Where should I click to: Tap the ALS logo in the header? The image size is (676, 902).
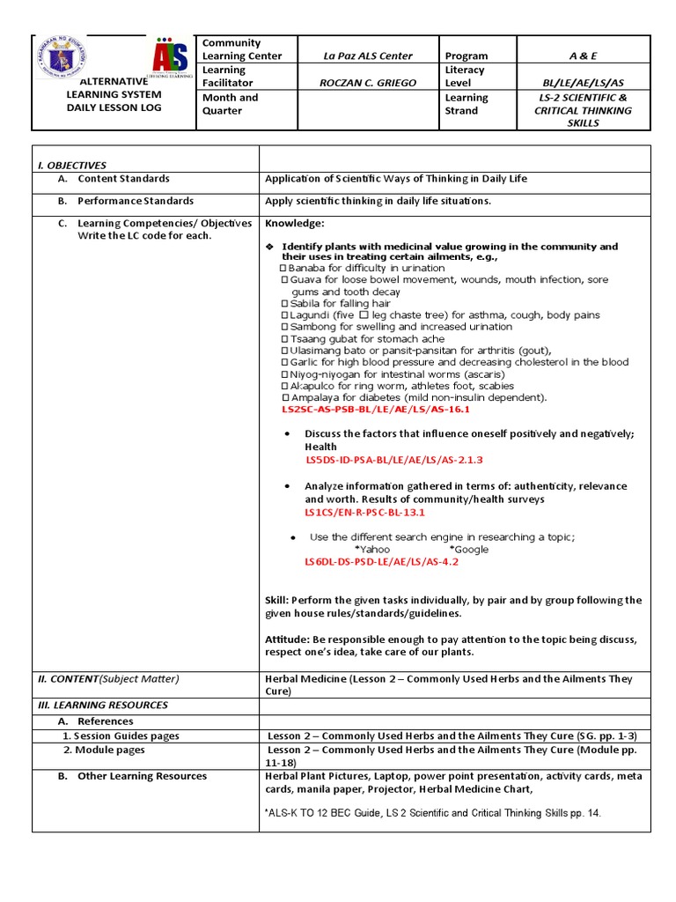pyautogui.click(x=170, y=59)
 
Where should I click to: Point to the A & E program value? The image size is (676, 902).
pyautogui.click(x=583, y=55)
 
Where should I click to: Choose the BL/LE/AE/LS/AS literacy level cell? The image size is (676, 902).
pyautogui.click(x=583, y=84)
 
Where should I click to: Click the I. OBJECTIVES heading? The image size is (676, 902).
pyautogui.click(x=71, y=165)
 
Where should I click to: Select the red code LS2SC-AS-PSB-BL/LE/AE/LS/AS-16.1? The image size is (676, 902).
pyautogui.click(x=376, y=410)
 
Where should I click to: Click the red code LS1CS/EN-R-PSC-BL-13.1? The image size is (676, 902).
pyautogui.click(x=364, y=512)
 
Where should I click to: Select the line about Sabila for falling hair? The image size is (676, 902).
pyautogui.click(x=335, y=303)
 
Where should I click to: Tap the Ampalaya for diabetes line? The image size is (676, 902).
pyautogui.click(x=413, y=397)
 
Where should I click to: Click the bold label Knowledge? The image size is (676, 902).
pyautogui.click(x=295, y=224)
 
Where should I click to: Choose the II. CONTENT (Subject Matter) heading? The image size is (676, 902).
pyautogui.click(x=107, y=678)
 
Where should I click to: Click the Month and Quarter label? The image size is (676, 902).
pyautogui.click(x=231, y=104)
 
